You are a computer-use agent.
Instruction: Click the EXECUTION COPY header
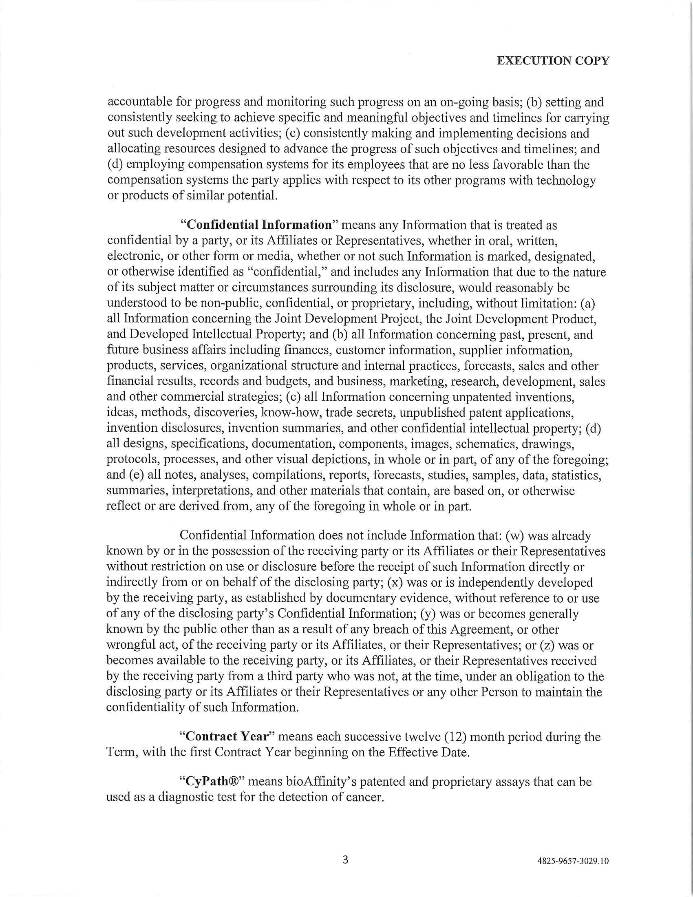click(553, 61)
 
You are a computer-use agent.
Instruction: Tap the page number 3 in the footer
click(345, 859)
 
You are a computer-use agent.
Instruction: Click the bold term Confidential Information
click(259, 225)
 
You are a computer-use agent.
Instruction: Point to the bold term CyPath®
click(213, 781)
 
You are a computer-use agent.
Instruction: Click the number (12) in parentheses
click(455, 736)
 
